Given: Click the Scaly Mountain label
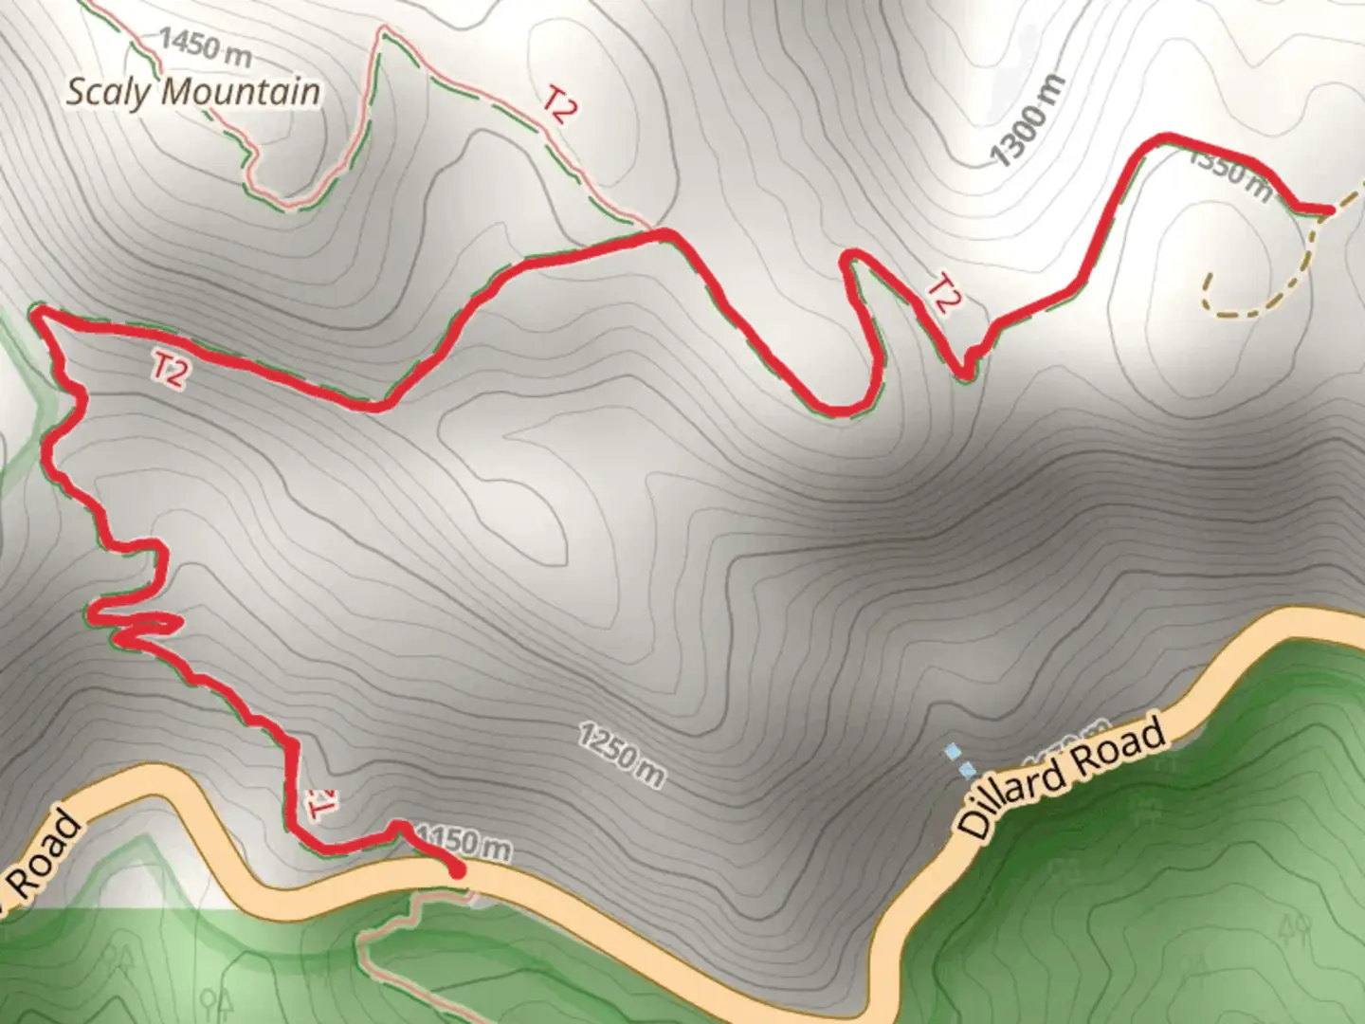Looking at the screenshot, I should tap(193, 93).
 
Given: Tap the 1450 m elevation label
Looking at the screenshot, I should tap(205, 46).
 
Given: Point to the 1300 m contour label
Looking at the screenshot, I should tap(1028, 120).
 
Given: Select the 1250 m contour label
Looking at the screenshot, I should tap(622, 755).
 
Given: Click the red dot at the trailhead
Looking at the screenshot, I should tap(457, 869).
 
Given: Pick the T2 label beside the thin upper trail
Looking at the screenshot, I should tap(559, 104).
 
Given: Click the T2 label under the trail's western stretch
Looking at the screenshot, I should tap(170, 371).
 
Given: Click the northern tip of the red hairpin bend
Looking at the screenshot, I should tap(853, 254).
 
